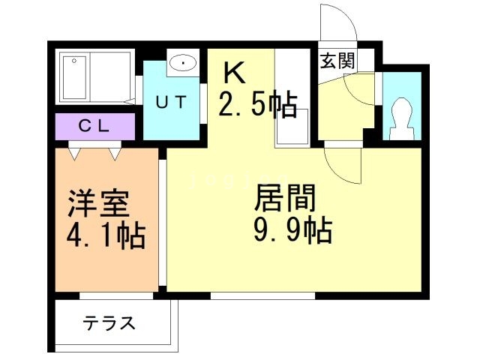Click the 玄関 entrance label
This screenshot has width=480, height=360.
(x=336, y=61)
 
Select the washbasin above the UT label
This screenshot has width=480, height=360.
(x=181, y=64)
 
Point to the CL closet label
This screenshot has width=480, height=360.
(x=94, y=125)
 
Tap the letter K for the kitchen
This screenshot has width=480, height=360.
(x=234, y=73)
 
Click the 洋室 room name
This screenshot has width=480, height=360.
(x=97, y=203)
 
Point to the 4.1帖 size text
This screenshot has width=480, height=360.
(x=106, y=236)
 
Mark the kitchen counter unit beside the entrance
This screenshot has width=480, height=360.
(x=292, y=97)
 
